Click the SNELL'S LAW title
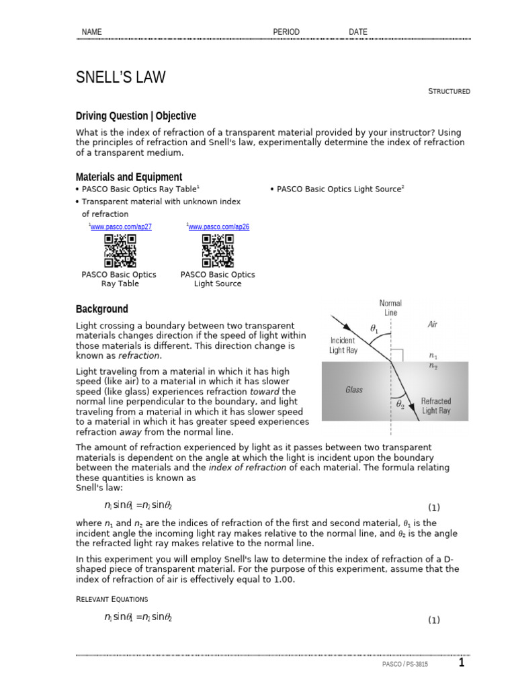pos(120,78)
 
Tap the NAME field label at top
pos(91,32)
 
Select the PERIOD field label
pos(286,32)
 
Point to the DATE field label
pos(358,32)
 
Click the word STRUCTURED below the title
pos(449,91)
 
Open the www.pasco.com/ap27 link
pos(121,227)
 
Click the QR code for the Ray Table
pos(120,251)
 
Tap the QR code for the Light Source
pos(218,251)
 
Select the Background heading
pos(101,309)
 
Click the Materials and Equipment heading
pos(128,177)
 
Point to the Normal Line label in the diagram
pos(390,308)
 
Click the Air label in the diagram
pos(433,324)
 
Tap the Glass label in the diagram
pos(354,390)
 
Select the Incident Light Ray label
pos(343,345)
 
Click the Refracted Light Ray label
pos(436,406)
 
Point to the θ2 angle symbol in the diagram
pos(400,404)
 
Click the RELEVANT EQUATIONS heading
pos(112,599)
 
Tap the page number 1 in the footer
pos(462,663)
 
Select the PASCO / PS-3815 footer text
pos(404,664)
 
